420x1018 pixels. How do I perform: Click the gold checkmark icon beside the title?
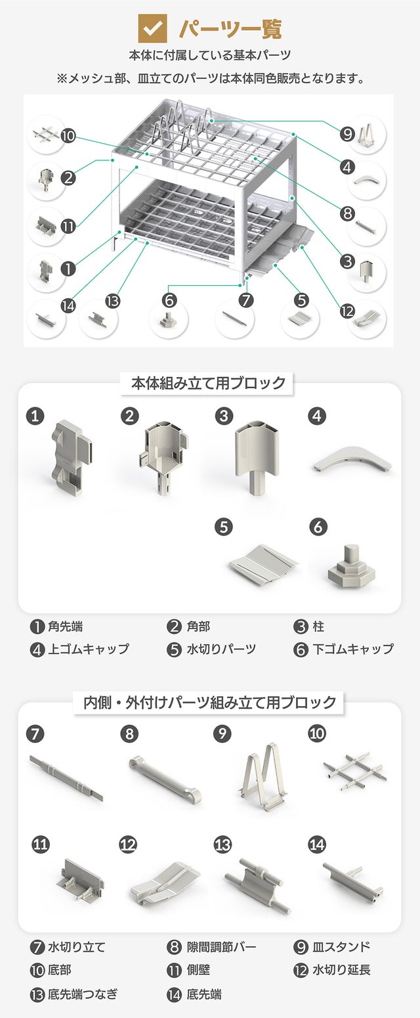152,28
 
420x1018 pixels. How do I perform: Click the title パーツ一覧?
230,29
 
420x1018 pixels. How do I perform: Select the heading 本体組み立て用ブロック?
209,383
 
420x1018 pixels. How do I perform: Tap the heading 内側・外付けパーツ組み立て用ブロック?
210,702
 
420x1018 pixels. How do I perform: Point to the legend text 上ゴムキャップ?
89,649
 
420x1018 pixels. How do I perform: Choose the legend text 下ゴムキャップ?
353,649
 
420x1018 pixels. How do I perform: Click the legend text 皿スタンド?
341,947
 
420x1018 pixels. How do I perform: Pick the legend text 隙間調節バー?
222,947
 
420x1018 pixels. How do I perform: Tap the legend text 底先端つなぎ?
83,994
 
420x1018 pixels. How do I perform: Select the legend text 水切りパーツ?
222,649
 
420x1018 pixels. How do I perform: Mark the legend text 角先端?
66,627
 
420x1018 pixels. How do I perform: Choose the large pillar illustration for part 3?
257,456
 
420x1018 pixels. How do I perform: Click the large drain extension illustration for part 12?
165,884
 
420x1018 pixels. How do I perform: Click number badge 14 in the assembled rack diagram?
68,306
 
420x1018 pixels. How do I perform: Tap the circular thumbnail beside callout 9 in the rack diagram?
367,135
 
